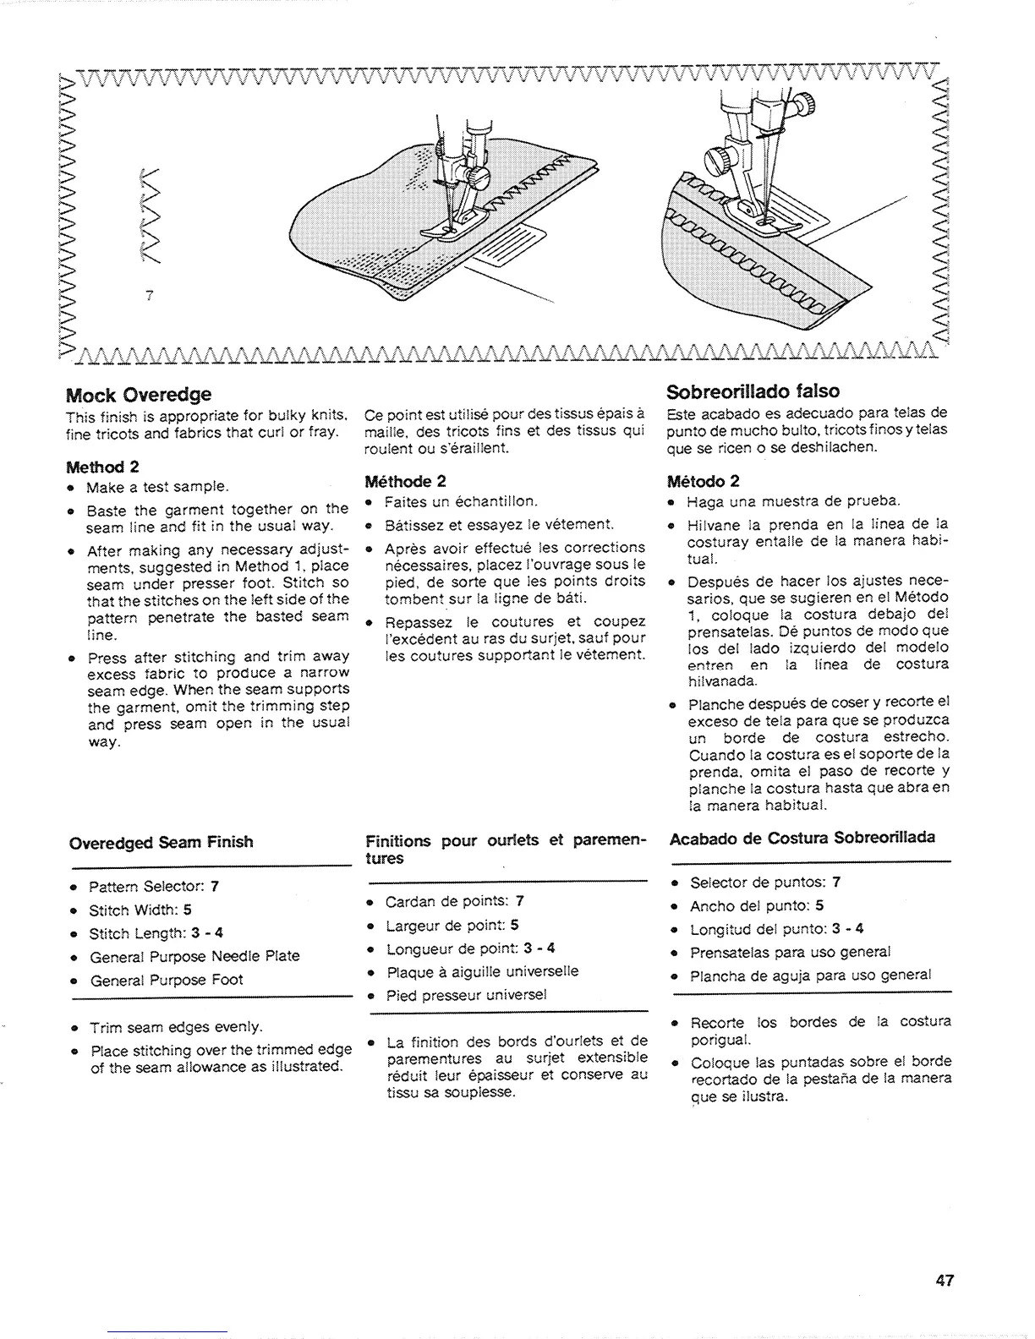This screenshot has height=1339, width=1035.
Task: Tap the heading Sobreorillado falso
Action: [x=753, y=391]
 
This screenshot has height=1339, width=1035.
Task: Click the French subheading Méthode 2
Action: [x=404, y=482]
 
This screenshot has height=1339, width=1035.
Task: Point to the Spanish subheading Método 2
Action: [x=704, y=481]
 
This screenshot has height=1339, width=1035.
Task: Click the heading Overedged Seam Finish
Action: [x=161, y=842]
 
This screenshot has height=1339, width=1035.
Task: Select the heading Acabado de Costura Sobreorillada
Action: [x=802, y=838]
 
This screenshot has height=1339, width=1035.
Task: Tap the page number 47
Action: [x=945, y=1280]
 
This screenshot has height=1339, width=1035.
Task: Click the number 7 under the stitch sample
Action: [x=148, y=295]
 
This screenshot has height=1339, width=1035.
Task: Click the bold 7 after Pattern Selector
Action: [x=215, y=887]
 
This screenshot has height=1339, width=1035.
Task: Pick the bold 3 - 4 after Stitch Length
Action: [x=207, y=933]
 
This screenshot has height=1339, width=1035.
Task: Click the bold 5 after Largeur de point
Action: [x=514, y=925]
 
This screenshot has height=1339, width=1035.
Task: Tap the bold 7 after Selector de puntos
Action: [x=835, y=882]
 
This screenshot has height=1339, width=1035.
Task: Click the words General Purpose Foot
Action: [x=166, y=980]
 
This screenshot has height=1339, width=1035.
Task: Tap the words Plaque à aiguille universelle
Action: [x=482, y=971]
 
